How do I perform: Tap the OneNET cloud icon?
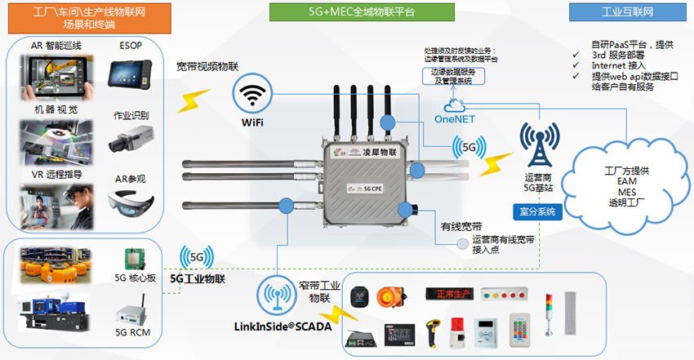[453, 105]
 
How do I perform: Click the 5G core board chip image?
[134, 260]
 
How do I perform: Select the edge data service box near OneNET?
[456, 75]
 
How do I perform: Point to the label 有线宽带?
[461, 225]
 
